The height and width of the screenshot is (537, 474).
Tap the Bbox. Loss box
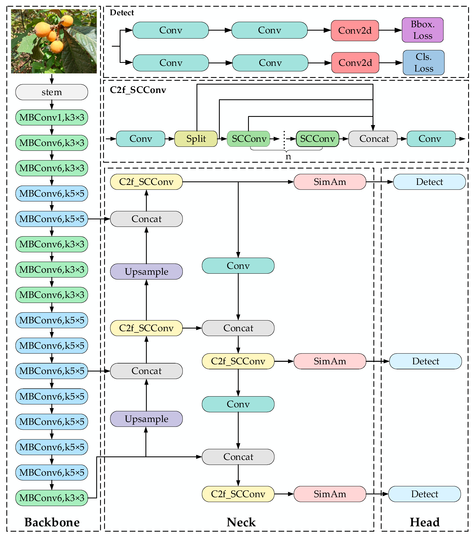422,30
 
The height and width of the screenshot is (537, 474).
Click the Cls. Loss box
423,63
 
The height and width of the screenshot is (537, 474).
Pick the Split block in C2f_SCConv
196,139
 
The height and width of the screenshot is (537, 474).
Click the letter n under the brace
288,157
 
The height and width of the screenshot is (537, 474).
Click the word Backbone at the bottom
52,522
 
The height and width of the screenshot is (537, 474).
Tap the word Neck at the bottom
241,522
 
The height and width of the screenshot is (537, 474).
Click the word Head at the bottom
425,522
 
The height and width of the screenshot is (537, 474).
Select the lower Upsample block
146,419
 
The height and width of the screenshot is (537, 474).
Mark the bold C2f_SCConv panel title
138,90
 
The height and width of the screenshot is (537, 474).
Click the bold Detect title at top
122,13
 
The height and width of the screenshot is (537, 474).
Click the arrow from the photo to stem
52,79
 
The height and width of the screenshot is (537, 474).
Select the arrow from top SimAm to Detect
380,182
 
